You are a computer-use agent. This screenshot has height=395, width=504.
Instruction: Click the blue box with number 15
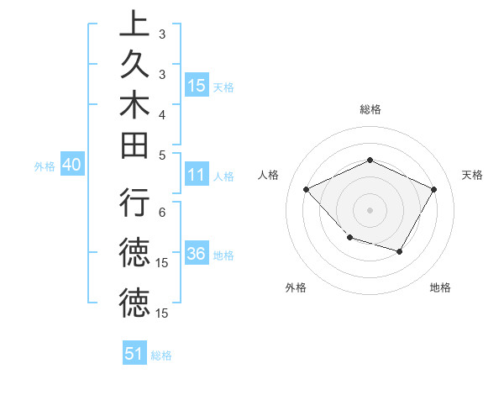point(197,86)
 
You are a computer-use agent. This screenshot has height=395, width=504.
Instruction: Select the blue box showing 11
point(197,176)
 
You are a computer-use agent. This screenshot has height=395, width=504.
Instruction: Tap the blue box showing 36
point(197,255)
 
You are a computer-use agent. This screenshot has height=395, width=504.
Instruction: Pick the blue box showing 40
point(71,166)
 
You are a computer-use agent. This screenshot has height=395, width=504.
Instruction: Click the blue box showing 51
point(134,354)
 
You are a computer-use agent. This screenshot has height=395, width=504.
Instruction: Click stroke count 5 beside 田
point(162,155)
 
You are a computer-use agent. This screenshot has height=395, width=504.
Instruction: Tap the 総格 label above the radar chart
point(370,109)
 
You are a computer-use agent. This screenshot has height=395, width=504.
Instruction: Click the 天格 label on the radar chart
point(472,175)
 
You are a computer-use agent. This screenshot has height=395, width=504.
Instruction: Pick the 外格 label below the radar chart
point(296,287)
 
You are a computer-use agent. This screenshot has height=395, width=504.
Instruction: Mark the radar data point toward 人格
point(307,190)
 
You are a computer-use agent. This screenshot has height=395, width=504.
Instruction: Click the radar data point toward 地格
point(400,251)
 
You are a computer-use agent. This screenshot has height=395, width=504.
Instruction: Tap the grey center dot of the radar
point(370,209)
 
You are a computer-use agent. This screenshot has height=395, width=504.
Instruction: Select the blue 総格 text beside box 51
point(161,355)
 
